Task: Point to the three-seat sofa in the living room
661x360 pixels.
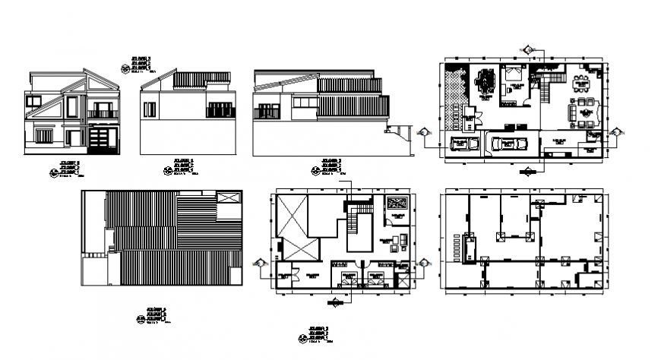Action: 571,114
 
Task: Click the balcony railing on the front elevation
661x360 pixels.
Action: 102,114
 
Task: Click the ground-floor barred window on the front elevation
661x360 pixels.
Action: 44,136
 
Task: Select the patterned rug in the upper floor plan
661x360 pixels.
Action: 396,203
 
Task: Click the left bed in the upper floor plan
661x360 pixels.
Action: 348,276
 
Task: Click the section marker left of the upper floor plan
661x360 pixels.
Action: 260,263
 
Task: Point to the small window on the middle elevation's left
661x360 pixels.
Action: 150,110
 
